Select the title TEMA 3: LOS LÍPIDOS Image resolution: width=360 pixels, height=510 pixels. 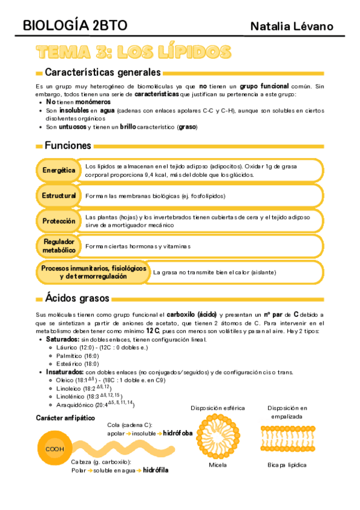133,52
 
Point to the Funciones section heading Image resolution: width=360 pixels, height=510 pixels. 67,146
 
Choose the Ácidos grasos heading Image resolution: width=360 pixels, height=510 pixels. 77,298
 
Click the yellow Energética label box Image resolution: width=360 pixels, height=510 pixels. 59,170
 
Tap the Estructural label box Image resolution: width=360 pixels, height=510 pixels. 59,196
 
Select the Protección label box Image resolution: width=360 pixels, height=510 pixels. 59,221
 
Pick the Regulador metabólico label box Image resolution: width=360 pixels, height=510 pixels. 59,245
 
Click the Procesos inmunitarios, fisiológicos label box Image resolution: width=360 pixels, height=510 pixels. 93,272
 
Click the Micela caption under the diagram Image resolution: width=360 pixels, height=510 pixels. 218,465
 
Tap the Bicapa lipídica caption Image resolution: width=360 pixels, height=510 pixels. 287,465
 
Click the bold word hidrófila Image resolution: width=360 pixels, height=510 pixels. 155,470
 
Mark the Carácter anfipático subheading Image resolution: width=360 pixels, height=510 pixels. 65,418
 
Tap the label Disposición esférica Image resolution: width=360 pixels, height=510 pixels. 217,408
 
